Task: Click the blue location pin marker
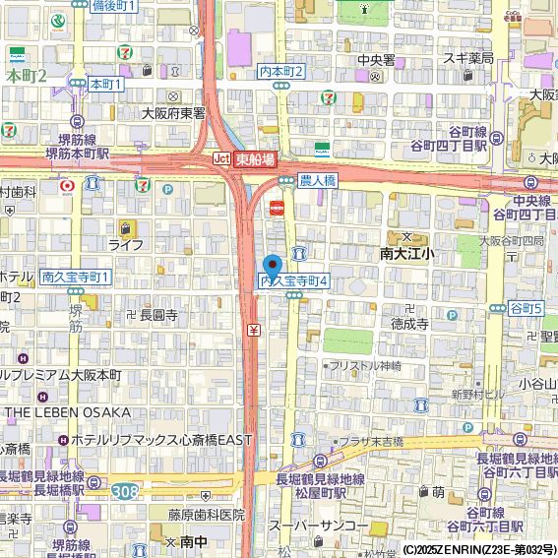pyautogui.click(x=273, y=264)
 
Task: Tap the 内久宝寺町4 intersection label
pyautogui.click(x=292, y=281)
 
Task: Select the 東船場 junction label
pyautogui.click(x=255, y=158)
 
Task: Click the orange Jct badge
pyautogui.click(x=221, y=158)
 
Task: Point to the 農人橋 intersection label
pyautogui.click(x=317, y=181)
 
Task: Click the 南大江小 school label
pyautogui.click(x=406, y=253)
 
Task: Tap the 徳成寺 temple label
pyautogui.click(x=408, y=323)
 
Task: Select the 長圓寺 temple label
pyautogui.click(x=158, y=316)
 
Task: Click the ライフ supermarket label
pyautogui.click(x=126, y=244)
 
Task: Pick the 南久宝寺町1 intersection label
pyautogui.click(x=77, y=278)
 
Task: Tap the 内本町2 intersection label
pyautogui.click(x=281, y=72)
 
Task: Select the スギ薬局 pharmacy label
pyautogui.click(x=467, y=58)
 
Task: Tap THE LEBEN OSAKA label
pyautogui.click(x=67, y=411)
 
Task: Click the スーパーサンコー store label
pyautogui.click(x=318, y=527)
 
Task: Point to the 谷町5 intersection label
pyautogui.click(x=526, y=309)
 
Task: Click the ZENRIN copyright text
pyautogui.click(x=478, y=549)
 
